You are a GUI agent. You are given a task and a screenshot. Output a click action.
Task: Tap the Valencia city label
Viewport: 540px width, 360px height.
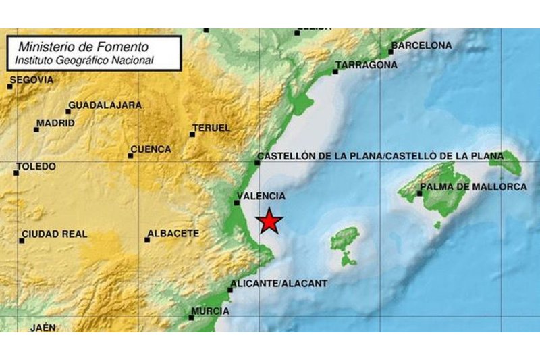262,196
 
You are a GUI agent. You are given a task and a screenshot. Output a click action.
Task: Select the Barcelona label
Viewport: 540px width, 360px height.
421,45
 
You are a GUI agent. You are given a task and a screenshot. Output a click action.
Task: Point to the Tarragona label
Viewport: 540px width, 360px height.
367,65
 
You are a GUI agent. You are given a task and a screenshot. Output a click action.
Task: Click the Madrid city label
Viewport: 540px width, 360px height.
55,123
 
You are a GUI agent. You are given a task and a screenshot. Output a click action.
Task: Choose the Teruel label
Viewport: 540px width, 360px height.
211,128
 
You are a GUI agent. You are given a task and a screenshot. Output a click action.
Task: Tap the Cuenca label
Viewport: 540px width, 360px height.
151,149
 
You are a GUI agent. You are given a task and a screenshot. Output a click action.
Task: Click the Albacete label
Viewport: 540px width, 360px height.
172,234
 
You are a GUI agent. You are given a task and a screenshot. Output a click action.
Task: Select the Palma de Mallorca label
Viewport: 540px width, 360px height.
473,186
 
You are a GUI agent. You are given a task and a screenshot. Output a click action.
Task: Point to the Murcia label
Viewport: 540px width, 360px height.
210,311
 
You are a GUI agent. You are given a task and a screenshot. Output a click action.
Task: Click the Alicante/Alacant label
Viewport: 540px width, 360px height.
269,284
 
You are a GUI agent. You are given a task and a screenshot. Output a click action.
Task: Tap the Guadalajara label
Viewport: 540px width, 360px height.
105,105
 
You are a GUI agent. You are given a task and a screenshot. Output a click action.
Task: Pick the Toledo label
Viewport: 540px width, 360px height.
36,167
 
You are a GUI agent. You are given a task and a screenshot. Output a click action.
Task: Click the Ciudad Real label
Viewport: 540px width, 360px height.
54,234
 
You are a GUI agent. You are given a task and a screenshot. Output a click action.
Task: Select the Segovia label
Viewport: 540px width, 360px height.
32,80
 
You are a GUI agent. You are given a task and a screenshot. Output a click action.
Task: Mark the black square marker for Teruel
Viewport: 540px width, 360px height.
192,134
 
